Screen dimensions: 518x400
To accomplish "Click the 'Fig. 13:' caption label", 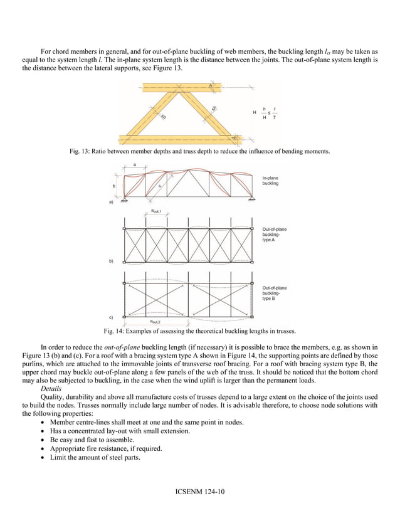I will click(80, 151).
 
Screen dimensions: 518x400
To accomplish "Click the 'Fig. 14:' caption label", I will click(114, 330).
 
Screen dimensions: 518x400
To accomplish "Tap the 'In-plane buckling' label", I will click(270, 181).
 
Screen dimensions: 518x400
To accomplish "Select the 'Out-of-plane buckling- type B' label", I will click(275, 293).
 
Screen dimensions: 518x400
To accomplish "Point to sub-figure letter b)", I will click(112, 260).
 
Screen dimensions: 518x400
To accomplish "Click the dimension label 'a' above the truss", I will click(135, 164).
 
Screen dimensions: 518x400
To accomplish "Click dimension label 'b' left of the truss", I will click(113, 186).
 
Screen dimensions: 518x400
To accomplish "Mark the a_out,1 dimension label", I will click(156, 212).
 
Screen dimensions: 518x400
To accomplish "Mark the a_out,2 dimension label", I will click(155, 321).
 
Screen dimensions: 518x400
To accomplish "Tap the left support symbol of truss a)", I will click(124, 199).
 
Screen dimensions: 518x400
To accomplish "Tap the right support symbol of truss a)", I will click(252, 199).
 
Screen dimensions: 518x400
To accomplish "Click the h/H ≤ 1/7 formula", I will click(270, 112).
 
